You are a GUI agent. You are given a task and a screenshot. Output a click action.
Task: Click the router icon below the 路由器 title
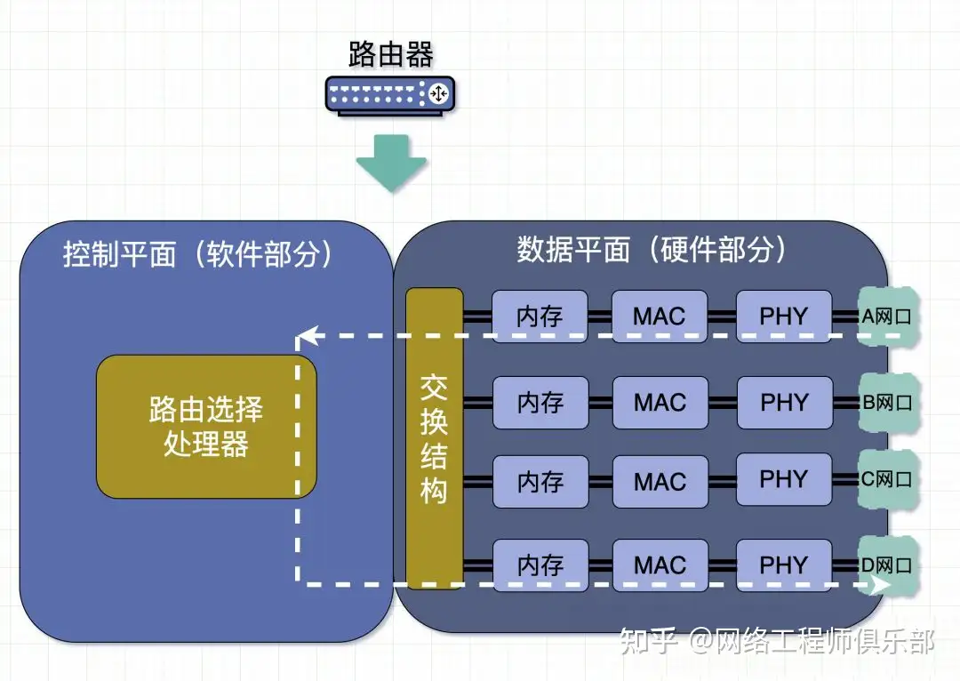tap(390, 93)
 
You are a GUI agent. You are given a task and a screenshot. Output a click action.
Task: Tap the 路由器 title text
tap(390, 54)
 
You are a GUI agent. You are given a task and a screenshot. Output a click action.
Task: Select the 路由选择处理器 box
tap(206, 427)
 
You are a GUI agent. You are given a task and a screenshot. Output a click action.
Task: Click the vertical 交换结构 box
tap(434, 438)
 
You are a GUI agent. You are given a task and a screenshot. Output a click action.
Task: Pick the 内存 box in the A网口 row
tap(540, 316)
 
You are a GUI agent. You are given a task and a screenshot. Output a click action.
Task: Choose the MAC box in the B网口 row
tap(660, 403)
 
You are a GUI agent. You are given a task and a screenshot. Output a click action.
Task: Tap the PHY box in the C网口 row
tap(783, 480)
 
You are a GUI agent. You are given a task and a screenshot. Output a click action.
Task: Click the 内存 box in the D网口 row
tap(540, 565)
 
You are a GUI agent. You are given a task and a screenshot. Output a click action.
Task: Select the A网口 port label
tap(887, 316)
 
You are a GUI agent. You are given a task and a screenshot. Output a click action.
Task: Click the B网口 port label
tap(887, 402)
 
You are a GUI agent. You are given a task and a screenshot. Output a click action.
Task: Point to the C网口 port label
tap(887, 480)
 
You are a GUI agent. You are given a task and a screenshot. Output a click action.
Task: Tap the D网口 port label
tap(887, 565)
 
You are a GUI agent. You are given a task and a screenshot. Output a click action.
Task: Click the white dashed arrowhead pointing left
tap(306, 337)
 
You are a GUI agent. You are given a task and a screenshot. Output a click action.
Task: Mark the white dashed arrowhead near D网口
tap(879, 584)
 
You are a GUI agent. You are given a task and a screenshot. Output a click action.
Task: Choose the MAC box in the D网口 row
tap(660, 565)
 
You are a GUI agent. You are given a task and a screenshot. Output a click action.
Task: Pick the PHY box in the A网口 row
tap(783, 316)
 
